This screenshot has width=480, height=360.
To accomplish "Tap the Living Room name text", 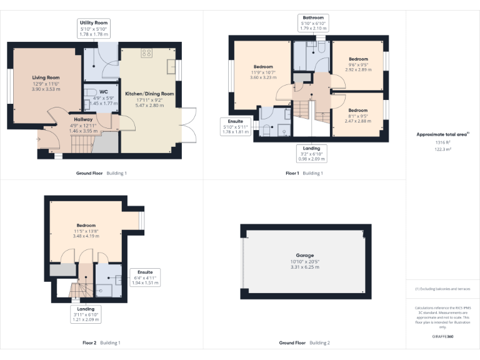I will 46,77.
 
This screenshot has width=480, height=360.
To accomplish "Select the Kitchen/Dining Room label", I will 149,94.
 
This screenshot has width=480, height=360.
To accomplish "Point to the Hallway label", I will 83,119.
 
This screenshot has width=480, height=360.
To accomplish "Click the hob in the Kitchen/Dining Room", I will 147,52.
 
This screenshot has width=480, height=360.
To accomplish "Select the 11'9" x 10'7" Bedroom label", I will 263,67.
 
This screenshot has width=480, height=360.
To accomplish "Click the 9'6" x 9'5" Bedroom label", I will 358,58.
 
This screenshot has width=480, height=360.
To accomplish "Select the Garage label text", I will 304,255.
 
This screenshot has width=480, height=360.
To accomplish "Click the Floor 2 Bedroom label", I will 86,225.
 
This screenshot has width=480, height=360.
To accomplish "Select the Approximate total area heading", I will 442,134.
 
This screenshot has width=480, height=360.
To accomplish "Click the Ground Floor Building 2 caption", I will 304,343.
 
